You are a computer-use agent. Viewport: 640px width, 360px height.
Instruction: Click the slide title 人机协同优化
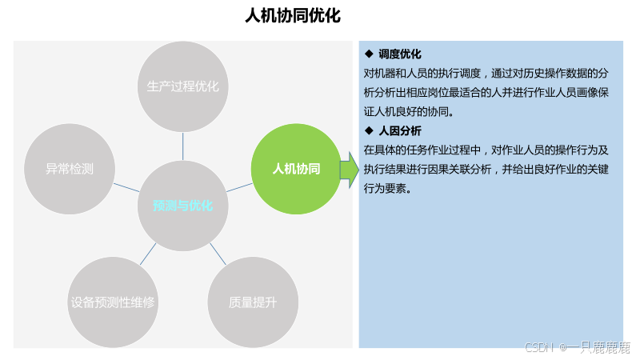293,17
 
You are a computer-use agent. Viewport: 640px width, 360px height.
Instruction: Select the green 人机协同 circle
296,169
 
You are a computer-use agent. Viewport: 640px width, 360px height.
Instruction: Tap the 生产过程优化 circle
182,86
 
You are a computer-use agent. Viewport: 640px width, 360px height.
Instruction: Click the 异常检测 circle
70,169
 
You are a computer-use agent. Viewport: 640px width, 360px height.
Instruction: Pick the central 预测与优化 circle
183,206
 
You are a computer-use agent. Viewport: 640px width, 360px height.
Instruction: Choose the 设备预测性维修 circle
112,302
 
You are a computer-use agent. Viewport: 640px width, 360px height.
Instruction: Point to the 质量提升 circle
252,302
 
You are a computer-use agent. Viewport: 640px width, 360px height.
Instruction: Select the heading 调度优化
400,54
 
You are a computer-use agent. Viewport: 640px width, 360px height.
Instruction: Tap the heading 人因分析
400,130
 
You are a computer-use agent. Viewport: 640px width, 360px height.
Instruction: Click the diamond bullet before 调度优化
369,54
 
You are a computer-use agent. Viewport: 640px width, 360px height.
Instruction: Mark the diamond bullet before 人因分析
369,130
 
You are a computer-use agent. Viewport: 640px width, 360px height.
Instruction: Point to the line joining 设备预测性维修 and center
149,253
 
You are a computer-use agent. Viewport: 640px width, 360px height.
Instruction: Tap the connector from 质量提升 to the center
218,253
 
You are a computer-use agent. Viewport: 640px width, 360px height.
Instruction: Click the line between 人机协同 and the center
240,187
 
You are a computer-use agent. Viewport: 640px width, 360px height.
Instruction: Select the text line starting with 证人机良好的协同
409,111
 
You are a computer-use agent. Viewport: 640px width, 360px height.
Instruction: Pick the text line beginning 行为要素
387,189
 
